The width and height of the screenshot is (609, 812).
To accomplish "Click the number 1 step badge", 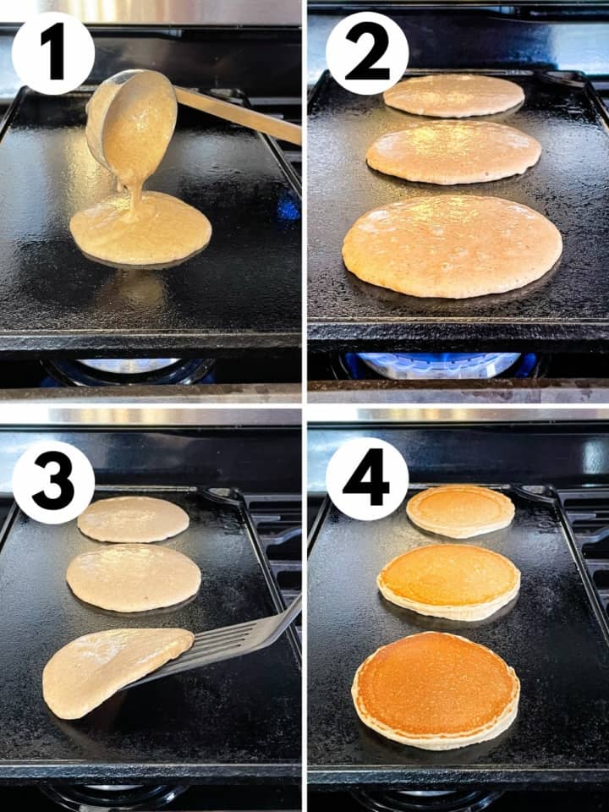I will pyautogui.click(x=52, y=52).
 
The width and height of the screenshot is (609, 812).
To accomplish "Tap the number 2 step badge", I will pyautogui.click(x=367, y=52).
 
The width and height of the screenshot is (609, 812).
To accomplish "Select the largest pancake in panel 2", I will pyautogui.click(x=452, y=245).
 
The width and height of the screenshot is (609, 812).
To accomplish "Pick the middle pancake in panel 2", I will pyautogui.click(x=453, y=152).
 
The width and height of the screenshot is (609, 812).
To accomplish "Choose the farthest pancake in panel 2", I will pyautogui.click(x=453, y=96).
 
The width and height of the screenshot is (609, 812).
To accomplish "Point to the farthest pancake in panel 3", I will pyautogui.click(x=133, y=518).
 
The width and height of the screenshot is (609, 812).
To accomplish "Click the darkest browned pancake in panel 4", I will pyautogui.click(x=435, y=689).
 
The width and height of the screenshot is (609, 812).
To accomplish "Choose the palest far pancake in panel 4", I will pyautogui.click(x=460, y=510).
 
